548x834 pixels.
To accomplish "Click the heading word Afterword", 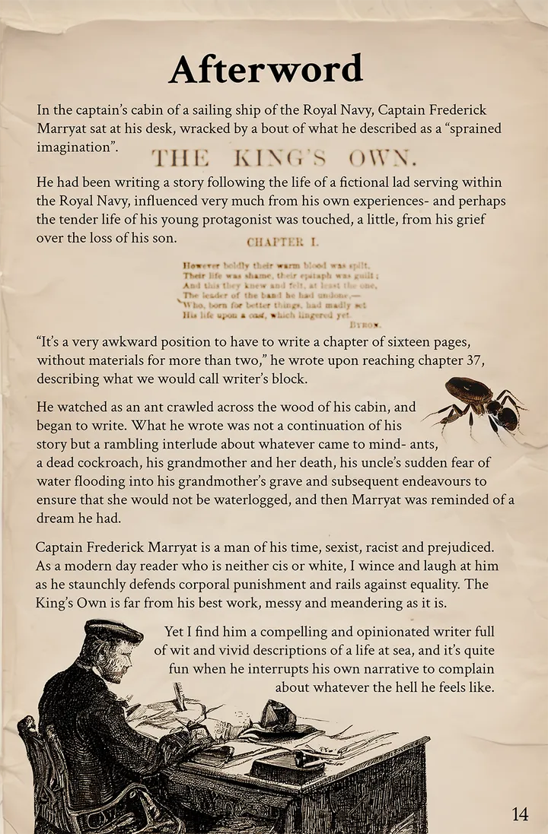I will coord(266,70).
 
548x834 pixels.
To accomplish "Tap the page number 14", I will coord(520,813).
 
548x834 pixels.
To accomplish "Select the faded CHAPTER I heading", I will coord(276,243).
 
